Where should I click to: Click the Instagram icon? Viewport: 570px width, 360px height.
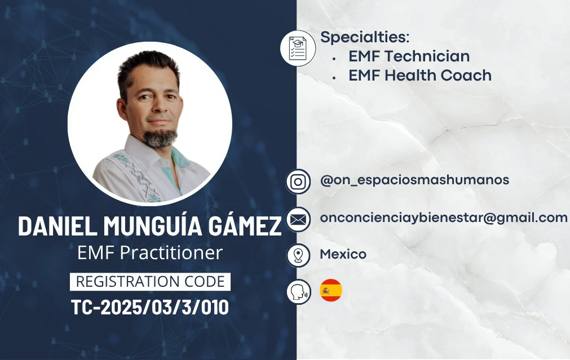pyautogui.click(x=298, y=181)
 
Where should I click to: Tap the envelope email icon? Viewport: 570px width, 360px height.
pyautogui.click(x=298, y=219)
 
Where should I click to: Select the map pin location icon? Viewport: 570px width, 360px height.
pyautogui.click(x=298, y=255)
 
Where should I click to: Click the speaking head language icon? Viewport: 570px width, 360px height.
pyautogui.click(x=299, y=291)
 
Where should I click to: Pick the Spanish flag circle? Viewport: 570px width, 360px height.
pyautogui.click(x=331, y=290)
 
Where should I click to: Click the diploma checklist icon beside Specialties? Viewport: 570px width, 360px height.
pyautogui.click(x=298, y=48)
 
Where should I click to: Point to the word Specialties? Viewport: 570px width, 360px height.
pyautogui.click(x=365, y=37)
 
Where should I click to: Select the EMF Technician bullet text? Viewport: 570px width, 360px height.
pyautogui.click(x=409, y=56)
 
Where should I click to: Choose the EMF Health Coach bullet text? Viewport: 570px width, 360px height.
pyautogui.click(x=420, y=75)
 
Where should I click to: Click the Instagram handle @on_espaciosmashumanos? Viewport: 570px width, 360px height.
pyautogui.click(x=414, y=180)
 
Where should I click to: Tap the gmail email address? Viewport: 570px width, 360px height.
pyautogui.click(x=444, y=218)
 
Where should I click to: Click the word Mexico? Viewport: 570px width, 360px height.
pyautogui.click(x=343, y=254)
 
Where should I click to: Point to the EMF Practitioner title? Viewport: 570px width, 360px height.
pyautogui.click(x=150, y=253)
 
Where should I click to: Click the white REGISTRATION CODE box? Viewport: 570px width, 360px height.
pyautogui.click(x=150, y=282)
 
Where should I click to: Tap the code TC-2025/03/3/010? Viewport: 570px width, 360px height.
pyautogui.click(x=150, y=308)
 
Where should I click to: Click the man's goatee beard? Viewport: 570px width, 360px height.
pyautogui.click(x=160, y=139)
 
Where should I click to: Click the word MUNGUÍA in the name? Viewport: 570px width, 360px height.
pyautogui.click(x=153, y=226)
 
